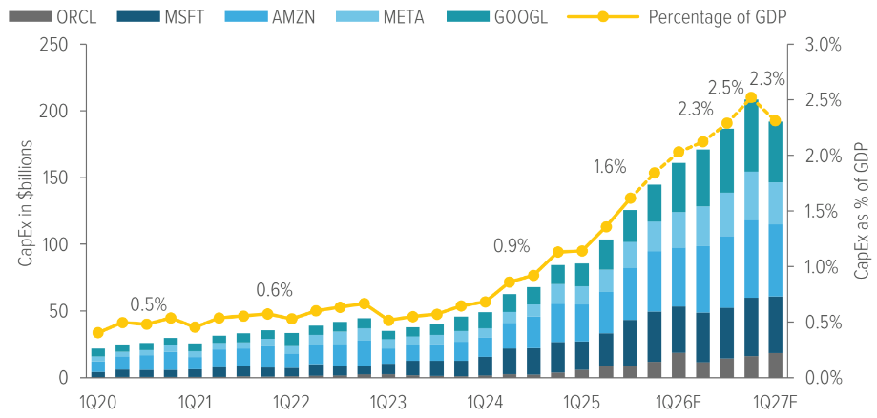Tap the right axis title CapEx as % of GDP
861,211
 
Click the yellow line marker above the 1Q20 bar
97,333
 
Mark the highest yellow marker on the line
751,97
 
